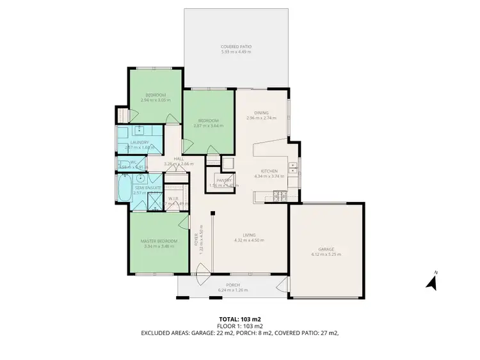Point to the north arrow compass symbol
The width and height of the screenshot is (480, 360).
[431, 281]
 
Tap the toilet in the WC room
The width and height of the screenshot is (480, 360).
[122, 164]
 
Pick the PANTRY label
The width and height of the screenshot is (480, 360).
[223, 180]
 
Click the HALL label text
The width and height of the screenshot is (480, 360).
[179, 159]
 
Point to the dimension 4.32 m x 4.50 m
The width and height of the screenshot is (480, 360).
[248, 240]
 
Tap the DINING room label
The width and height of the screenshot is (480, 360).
[260, 113]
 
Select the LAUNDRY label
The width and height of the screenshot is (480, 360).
[140, 143]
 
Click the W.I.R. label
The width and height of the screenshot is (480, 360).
[173, 198]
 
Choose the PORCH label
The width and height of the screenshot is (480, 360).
[232, 285]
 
